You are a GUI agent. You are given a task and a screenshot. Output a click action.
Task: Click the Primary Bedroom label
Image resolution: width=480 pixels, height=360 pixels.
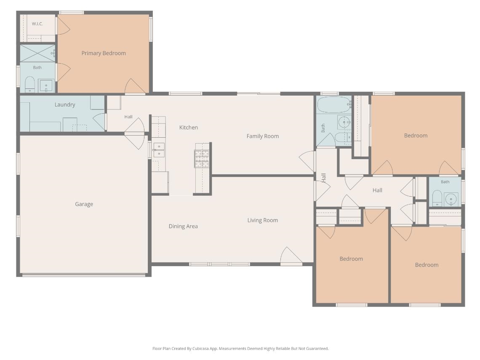pyautogui.click(x=104, y=53)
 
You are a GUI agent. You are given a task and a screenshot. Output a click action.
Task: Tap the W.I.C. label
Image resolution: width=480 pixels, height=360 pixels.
pyautogui.click(x=37, y=24)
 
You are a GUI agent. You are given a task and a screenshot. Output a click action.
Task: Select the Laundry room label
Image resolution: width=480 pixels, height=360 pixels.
pyautogui.click(x=64, y=105)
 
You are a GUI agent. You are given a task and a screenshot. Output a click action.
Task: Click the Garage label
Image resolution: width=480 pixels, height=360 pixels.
pyautogui.click(x=84, y=204)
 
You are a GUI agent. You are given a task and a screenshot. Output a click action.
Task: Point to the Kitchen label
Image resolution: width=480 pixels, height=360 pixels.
pyautogui.click(x=189, y=127)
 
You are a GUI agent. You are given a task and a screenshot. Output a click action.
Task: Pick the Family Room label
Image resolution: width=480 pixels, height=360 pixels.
pyautogui.click(x=263, y=136)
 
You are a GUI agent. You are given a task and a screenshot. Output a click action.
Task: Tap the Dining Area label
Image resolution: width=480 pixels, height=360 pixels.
pyautogui.click(x=183, y=226)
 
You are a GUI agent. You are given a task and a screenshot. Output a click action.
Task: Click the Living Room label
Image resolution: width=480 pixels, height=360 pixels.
pyautogui.click(x=263, y=220)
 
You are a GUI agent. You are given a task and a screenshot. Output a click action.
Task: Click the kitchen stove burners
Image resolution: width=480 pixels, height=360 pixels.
pyautogui.click(x=202, y=159)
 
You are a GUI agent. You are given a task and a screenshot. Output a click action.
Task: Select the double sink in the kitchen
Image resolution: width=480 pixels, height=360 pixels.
pyautogui.click(x=159, y=150)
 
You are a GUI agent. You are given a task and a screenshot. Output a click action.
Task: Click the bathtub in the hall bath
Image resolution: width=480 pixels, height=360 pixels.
pyautogui.click(x=333, y=105)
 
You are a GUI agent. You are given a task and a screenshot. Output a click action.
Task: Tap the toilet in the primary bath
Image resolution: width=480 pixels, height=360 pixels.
pyautogui.click(x=30, y=84)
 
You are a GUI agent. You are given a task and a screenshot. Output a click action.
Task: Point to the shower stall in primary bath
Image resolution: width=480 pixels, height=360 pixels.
pyautogui.click(x=37, y=53)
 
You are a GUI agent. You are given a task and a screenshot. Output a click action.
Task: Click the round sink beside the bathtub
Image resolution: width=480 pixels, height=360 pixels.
pyautogui.click(x=344, y=123)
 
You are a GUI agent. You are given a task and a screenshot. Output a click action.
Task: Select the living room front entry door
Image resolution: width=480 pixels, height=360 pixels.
pyautogui.click(x=291, y=256)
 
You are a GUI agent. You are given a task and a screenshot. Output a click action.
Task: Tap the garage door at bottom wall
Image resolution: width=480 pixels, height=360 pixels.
pyautogui.click(x=84, y=275)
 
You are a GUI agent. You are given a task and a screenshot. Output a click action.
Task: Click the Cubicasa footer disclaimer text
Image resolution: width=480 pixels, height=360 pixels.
pyautogui.click(x=240, y=348)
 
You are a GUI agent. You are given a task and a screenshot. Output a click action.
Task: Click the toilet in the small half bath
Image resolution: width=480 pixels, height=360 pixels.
pyautogui.click(x=437, y=198)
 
